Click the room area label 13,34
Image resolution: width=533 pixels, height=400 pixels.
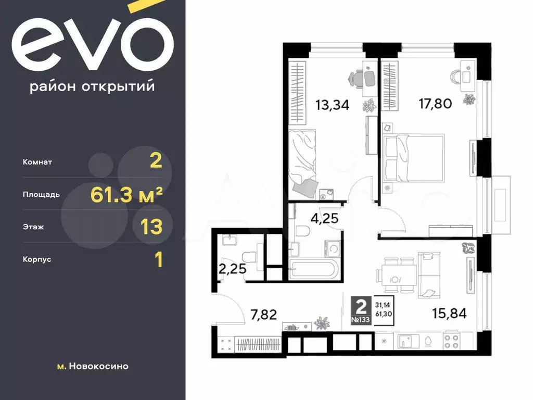click(332, 105)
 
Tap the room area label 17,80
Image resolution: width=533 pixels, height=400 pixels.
click(435, 104)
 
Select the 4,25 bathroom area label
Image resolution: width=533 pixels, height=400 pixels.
click(325, 218)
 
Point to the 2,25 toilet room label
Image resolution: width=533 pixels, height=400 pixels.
click(232, 269)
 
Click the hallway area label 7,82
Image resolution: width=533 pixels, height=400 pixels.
click(263, 315)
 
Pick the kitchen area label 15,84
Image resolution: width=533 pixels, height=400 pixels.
click(449, 313)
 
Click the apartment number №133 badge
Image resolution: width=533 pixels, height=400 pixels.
click(361, 320)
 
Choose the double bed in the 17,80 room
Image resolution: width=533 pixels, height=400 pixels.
click(413, 158)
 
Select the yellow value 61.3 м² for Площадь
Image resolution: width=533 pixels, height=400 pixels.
click(126, 195)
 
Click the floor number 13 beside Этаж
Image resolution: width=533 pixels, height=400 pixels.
click(151, 227)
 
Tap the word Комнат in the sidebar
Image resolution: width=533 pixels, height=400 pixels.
click(37, 162)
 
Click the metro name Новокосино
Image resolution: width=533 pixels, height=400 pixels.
click(98, 366)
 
